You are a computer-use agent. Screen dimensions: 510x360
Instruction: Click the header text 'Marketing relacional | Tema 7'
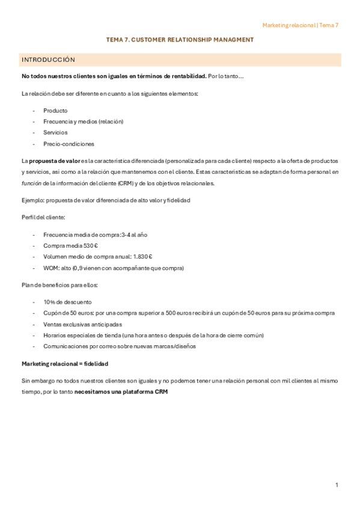[x=300, y=25]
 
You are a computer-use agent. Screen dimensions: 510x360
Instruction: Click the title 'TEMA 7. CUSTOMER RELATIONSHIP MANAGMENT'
[x=180, y=40]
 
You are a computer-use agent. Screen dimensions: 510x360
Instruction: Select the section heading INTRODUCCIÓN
[x=48, y=60]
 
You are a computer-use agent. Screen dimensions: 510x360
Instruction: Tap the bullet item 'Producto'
[x=55, y=111]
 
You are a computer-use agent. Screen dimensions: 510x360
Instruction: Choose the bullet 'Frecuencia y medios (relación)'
[x=83, y=121]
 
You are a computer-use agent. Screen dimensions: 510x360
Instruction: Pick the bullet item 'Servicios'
[x=55, y=132]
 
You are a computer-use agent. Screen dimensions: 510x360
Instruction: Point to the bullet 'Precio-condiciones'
[x=69, y=144]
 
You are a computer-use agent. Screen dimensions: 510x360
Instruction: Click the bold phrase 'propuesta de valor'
[x=54, y=161]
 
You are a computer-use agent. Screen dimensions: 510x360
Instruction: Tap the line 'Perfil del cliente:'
[x=44, y=217]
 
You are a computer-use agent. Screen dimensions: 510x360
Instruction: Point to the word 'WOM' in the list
[x=50, y=268]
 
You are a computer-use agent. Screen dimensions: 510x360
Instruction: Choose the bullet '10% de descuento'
[x=67, y=302]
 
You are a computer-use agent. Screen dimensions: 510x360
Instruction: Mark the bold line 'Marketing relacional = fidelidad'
[x=65, y=364]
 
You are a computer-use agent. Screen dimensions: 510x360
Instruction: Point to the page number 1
[x=337, y=485]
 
